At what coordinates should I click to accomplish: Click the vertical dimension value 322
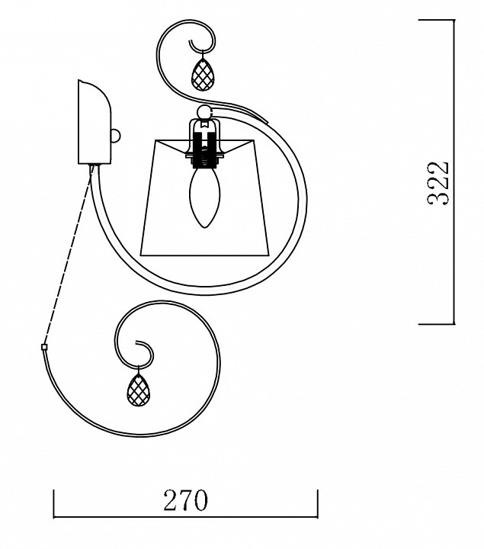438,183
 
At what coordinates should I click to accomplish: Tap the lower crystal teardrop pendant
138,390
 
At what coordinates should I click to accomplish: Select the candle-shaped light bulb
205,197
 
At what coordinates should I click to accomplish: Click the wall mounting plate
95,122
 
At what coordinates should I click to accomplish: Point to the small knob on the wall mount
116,135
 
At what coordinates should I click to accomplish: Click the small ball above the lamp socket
204,112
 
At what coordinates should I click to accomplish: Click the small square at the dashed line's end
44,347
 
